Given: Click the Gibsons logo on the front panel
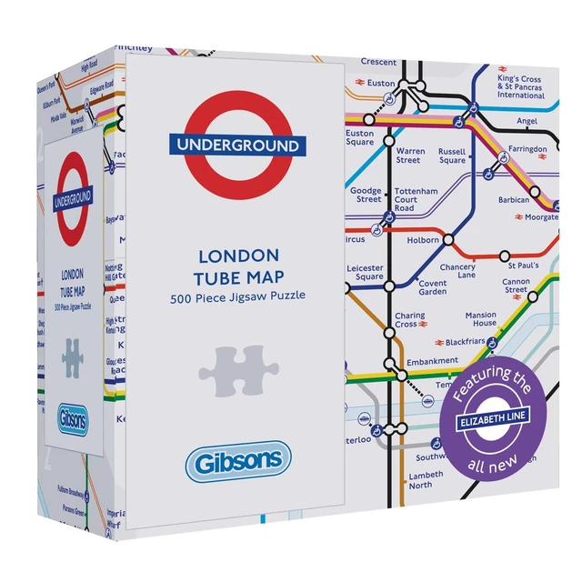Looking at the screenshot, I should click(238, 462).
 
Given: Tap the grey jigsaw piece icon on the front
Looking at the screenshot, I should click(237, 368).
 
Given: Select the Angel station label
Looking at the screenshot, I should click(527, 120).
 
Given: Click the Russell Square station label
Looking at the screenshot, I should click(452, 156).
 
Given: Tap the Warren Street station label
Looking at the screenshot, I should click(410, 156).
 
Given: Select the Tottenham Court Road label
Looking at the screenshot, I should click(416, 199).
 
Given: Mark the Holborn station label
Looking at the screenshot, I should click(423, 241).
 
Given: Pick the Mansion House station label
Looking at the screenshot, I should click(481, 319).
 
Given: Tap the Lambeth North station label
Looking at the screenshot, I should click(426, 480).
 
